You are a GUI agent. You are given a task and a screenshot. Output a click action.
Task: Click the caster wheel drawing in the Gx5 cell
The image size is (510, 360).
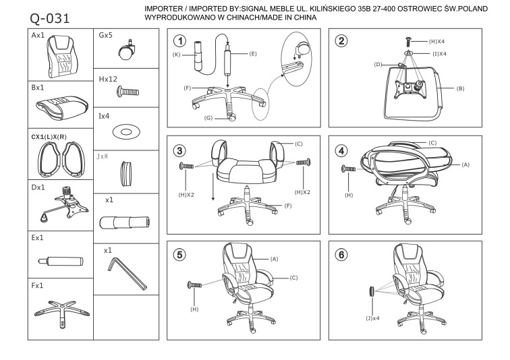[125, 51]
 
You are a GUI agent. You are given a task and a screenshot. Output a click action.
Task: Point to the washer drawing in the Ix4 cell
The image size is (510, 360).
[126, 131]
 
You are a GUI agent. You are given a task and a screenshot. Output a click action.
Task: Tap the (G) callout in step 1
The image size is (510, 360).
[208, 118]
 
